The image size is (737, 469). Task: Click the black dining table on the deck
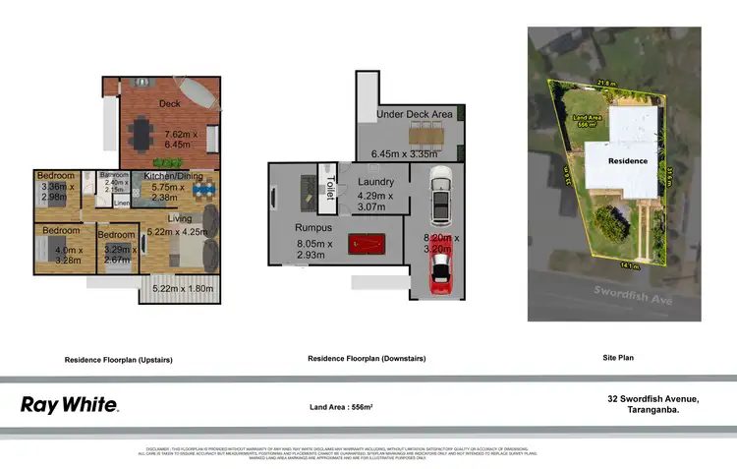click(x=151, y=131)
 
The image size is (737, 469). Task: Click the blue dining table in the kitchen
click(x=202, y=190)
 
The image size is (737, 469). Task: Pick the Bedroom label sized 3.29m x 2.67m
click(x=116, y=235)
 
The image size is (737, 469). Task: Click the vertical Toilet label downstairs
click(x=331, y=187)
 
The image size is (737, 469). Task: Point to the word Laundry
click(x=375, y=182)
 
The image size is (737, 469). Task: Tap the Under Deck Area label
click(x=410, y=115)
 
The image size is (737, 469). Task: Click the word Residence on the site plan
click(x=627, y=160)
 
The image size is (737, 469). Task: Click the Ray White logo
click(x=70, y=404)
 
